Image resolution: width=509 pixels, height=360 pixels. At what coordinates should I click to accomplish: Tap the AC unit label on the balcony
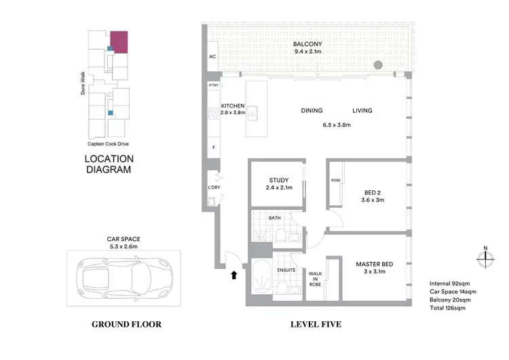(x=212, y=57)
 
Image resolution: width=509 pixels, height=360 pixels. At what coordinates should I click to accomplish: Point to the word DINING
(x=312, y=111)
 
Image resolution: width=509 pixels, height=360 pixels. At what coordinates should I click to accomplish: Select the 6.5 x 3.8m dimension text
(x=337, y=125)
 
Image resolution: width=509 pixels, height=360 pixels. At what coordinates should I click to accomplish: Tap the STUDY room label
(x=278, y=181)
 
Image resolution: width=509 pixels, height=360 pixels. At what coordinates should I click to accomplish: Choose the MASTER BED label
(x=375, y=264)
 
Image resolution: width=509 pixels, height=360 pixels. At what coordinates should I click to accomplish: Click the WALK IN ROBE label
(x=316, y=279)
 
